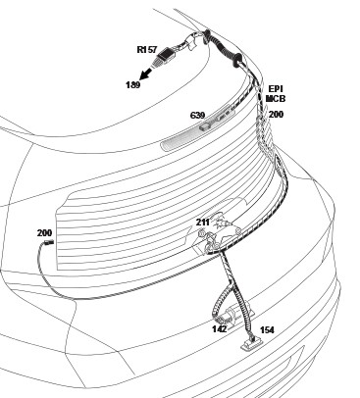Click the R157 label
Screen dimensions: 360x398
point(147,50)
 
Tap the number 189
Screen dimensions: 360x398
point(133,85)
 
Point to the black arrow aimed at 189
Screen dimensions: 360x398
point(147,73)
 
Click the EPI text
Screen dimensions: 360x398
point(276,89)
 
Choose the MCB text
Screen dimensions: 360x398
point(276,98)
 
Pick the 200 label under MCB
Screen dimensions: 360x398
point(276,115)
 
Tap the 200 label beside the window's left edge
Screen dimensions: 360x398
point(44,233)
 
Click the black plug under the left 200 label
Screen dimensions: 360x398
point(49,242)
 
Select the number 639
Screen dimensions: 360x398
point(197,116)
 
